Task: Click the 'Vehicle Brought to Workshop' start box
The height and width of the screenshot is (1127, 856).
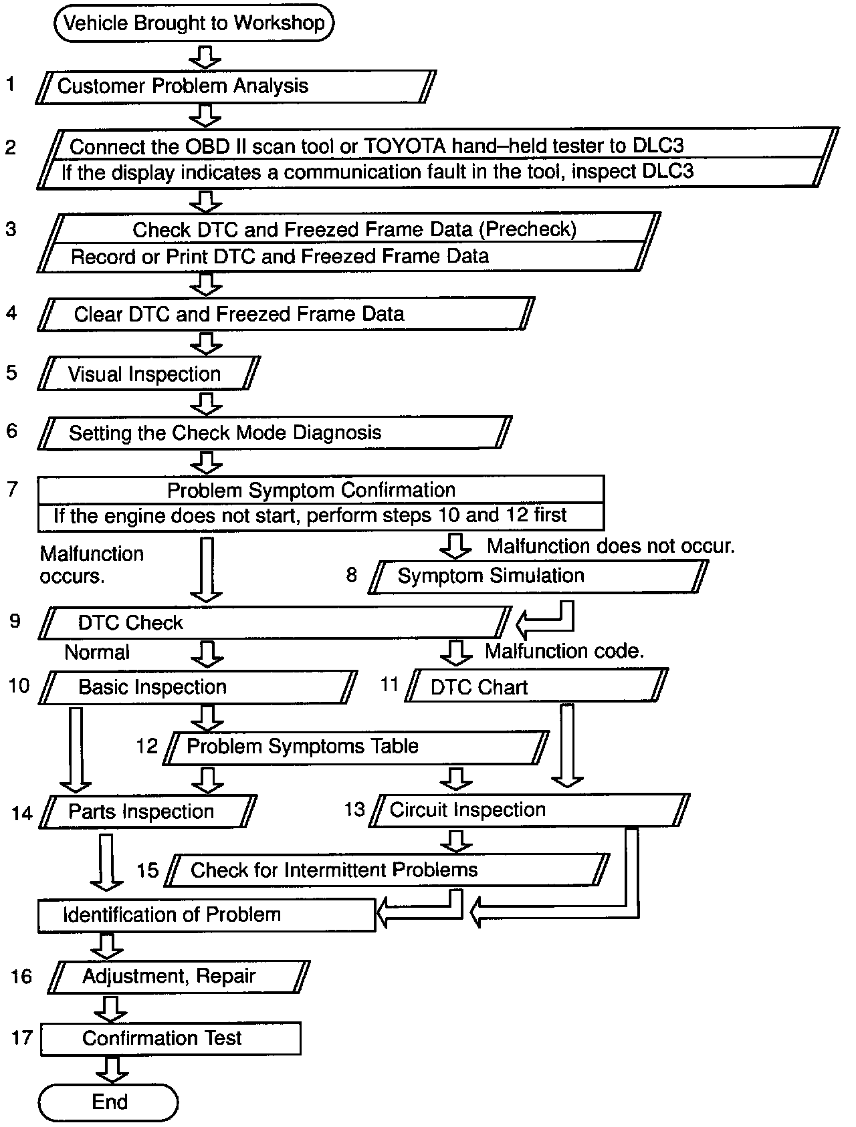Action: coord(193,23)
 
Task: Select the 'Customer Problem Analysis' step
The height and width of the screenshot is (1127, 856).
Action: coord(234,86)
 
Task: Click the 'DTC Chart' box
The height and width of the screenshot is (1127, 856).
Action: coord(535,686)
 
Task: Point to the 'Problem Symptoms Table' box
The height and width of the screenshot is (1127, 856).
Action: coord(356,747)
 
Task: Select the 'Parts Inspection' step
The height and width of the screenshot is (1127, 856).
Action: coord(148,812)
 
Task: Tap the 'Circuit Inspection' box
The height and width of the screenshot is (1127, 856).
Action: coord(528,810)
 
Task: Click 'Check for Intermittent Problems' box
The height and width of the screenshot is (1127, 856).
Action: coord(387,870)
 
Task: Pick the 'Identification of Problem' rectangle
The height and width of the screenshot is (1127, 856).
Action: coord(206,915)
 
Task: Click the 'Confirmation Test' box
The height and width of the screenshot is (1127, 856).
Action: coord(170,1038)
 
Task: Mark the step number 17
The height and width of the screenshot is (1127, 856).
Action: coord(22,1038)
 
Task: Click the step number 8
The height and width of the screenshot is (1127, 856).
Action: coord(352,575)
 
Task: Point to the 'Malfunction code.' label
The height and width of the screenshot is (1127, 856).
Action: coord(564,651)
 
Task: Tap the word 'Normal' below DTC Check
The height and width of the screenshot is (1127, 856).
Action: coord(97,652)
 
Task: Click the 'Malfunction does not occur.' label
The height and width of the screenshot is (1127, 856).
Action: coord(611,546)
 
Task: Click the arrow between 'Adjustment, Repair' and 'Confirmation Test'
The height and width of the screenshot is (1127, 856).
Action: coord(111,1009)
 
